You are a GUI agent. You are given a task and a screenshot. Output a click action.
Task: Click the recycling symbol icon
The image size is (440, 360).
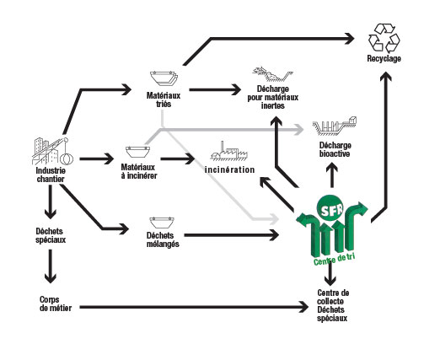coord(384,38)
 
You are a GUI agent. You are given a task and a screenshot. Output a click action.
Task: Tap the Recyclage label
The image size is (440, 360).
coord(384,58)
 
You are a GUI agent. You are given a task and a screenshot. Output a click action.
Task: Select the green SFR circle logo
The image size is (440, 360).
coord(330,207)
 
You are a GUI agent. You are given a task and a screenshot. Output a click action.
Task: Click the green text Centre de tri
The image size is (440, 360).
coord(334,259)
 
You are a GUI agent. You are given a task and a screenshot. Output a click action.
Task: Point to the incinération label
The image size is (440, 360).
coord(230,169)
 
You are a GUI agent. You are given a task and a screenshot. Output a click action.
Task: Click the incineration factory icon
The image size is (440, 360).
coord(229,151)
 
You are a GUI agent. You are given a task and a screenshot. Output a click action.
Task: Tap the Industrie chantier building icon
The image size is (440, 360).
coord(52,151)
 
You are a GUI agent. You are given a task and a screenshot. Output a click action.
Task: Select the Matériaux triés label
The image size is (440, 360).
coord(164,99)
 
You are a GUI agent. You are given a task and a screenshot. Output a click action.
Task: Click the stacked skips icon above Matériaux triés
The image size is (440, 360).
coord(164,78)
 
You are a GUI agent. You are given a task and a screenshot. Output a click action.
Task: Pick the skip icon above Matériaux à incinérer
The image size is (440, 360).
coord(137,152)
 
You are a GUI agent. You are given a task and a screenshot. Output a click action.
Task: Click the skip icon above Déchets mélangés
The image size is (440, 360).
coord(162,223)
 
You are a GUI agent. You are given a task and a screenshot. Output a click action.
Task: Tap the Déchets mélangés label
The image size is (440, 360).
coord(163,239)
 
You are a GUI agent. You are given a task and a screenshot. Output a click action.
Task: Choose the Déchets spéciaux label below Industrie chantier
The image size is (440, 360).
coord(51,235)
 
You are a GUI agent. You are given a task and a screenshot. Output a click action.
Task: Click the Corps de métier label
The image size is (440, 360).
coord(56,304)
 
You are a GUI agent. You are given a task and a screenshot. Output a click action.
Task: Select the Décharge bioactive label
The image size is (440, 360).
coord(335,149)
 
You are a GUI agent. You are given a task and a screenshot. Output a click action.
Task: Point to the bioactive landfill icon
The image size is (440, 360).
coord(335,126)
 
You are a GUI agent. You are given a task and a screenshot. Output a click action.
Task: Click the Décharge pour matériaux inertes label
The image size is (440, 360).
coord(272,97)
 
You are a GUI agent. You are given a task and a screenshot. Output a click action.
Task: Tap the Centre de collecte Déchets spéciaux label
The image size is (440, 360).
coord(333,305)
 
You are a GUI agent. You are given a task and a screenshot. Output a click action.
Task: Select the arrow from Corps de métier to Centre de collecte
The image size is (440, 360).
coord(194,307)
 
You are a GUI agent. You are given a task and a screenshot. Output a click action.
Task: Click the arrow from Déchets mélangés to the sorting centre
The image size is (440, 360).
coord(231,235)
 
